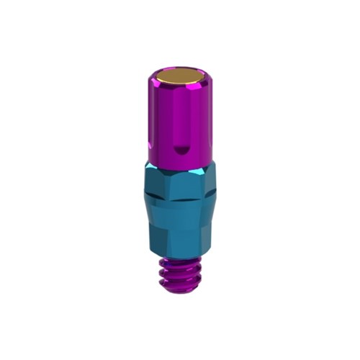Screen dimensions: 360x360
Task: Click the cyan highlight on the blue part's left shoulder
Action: click(147, 167)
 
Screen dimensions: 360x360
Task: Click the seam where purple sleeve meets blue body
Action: click(180, 163)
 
